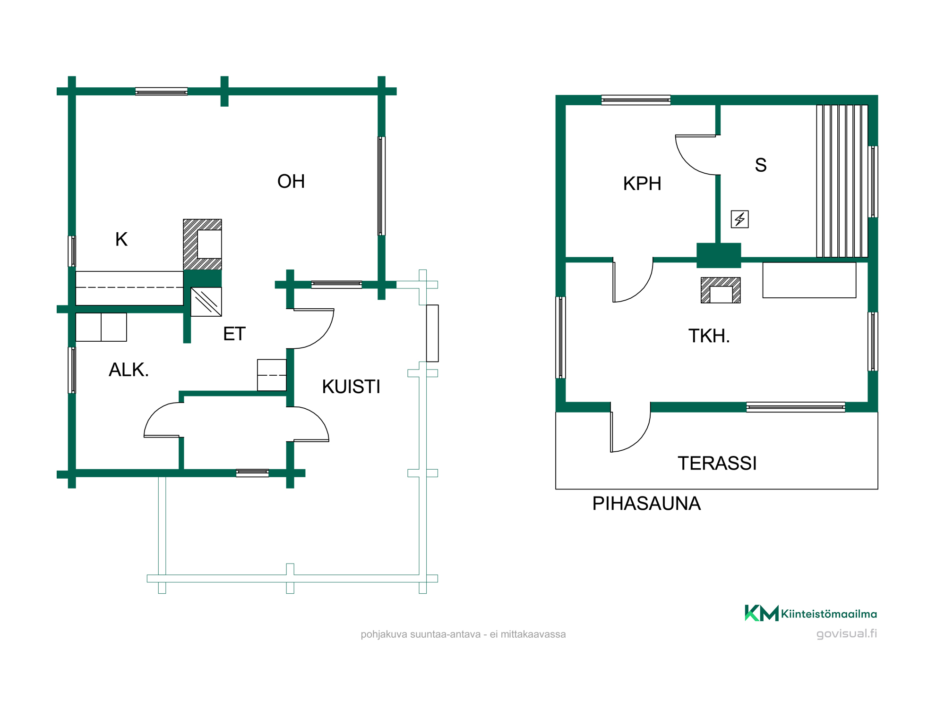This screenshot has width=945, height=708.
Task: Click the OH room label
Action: (x=291, y=181)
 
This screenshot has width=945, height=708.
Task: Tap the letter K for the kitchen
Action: (x=121, y=239)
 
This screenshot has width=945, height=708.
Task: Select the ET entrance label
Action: (x=234, y=334)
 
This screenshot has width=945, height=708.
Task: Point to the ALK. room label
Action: (x=129, y=370)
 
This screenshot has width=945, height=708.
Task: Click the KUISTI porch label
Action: (x=351, y=387)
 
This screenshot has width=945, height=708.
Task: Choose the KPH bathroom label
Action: (x=642, y=184)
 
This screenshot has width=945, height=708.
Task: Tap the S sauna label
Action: (x=761, y=165)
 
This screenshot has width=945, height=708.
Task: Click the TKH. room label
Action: (x=709, y=336)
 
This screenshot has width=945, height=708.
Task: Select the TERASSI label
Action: (x=717, y=464)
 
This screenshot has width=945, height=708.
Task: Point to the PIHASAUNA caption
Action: (x=646, y=504)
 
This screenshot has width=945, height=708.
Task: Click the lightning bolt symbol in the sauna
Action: (x=740, y=219)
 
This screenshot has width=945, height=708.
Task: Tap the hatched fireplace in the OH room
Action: (x=202, y=244)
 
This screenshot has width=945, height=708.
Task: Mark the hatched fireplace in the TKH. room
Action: (x=721, y=290)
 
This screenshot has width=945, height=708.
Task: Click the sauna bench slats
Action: (x=842, y=181)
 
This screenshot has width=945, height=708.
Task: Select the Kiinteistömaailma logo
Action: (x=811, y=613)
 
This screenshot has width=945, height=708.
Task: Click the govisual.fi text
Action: (x=847, y=634)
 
